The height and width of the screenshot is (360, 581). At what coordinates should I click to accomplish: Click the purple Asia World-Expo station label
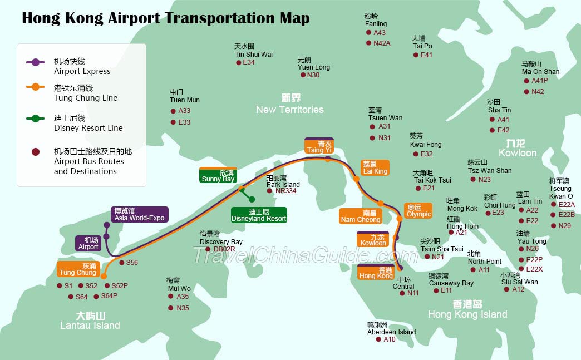point(140,215)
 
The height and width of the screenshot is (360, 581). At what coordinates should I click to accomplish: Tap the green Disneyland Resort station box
point(259,215)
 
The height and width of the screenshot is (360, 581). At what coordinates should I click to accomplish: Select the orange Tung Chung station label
point(78,269)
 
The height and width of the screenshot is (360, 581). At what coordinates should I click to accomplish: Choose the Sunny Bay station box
point(218,176)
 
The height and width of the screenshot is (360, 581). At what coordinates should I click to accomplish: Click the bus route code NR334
point(286,191)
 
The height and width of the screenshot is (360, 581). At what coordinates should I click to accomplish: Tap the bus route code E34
point(249,62)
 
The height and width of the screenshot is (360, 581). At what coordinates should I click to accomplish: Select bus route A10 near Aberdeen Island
point(390,339)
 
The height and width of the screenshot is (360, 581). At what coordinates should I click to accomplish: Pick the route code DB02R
point(224,249)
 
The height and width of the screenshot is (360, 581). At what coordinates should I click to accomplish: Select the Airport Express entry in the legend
point(82,66)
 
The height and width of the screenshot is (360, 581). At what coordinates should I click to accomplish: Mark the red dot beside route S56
point(122,262)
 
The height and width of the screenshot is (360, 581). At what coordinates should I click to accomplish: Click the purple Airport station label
point(88,243)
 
